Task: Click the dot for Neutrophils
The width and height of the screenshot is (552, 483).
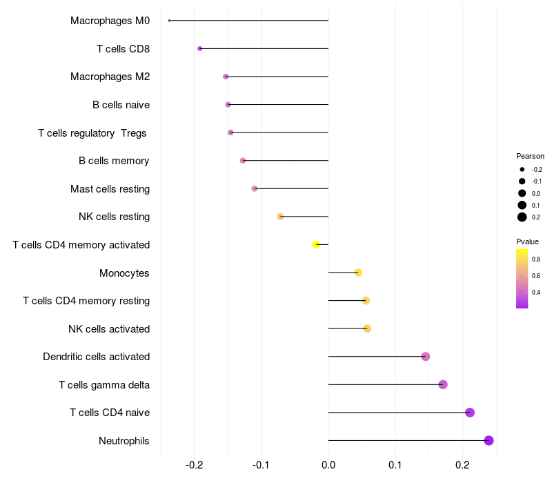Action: (489, 441)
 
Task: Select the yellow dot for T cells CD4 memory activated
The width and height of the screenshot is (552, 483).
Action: (316, 244)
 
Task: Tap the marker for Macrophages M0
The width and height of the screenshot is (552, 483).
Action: (169, 21)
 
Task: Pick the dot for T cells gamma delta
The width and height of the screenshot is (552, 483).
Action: (443, 384)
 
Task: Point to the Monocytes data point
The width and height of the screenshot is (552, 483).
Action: (358, 273)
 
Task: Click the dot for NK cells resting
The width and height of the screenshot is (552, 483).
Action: (280, 217)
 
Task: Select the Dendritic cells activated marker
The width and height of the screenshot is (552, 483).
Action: (426, 357)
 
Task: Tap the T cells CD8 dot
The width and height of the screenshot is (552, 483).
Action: (200, 48)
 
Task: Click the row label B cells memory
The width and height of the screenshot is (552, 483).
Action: (114, 161)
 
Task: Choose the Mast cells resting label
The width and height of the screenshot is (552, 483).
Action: (110, 189)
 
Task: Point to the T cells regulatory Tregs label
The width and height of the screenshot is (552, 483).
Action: (92, 132)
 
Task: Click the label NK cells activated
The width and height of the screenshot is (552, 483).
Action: (109, 329)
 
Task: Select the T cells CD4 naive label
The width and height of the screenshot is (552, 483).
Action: (110, 413)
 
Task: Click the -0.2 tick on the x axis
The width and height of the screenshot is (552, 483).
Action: (194, 466)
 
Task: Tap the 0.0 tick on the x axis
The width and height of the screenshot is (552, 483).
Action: (328, 466)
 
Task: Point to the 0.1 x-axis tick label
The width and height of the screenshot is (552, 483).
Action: (395, 466)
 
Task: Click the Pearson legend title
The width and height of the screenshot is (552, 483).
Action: (530, 156)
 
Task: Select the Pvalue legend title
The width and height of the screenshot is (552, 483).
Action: (528, 241)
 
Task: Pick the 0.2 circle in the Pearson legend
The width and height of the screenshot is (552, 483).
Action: (522, 217)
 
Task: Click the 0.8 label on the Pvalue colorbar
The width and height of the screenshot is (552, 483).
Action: (536, 259)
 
